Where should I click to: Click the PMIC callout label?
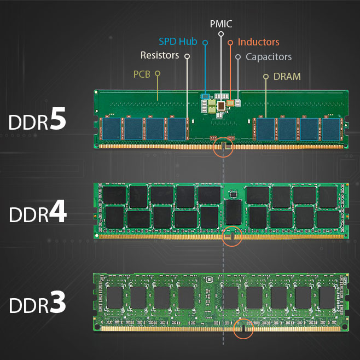pos(221,24)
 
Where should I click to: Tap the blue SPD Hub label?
pos(178,42)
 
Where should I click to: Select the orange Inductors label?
pos(259,42)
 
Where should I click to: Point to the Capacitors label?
pos(269,57)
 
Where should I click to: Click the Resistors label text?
pos(160,55)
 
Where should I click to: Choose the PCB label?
pos(142,74)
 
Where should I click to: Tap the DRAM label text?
pos(287,77)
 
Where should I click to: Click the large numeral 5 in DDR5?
pos(57,118)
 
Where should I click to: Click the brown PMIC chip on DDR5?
pos(221,106)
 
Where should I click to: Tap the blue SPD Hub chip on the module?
pos(205,96)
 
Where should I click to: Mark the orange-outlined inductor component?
pos(230,103)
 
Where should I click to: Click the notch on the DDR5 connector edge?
pos(223,146)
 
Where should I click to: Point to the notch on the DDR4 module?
pos(232,236)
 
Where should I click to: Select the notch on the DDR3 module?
pos(243,328)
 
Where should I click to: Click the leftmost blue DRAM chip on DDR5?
pos(112,129)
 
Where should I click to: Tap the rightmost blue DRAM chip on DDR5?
pos(331,129)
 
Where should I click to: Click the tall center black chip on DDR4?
pos(234,212)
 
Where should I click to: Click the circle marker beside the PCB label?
pos(158,73)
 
